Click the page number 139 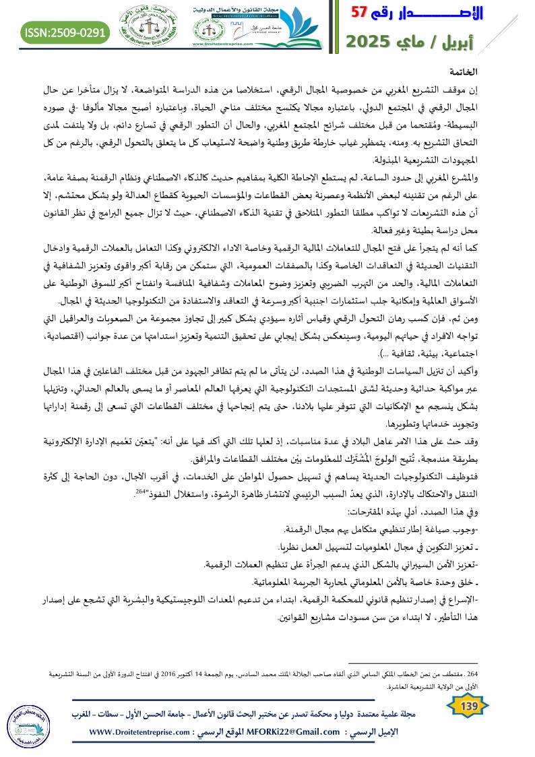467,705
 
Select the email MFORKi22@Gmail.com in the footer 294,732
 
